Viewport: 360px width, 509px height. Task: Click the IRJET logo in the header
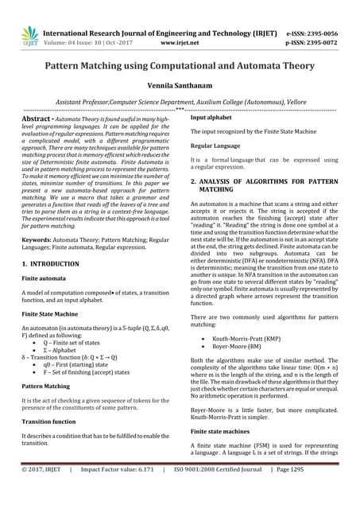[x=29, y=36]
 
